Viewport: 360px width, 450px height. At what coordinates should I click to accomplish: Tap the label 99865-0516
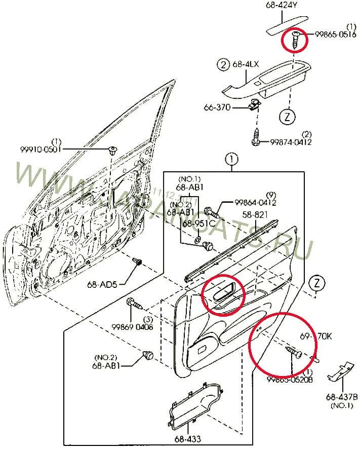tap(334, 34)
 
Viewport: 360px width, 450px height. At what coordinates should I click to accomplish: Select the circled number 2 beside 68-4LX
tap(222, 64)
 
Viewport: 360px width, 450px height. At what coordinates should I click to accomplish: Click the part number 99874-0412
tap(291, 142)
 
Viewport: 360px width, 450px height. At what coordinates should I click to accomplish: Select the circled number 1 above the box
tap(231, 160)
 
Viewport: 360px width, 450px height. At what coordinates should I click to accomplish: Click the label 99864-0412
tap(255, 203)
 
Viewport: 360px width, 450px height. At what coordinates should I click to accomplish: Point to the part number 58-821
tap(255, 214)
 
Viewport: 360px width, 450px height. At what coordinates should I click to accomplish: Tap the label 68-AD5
tap(102, 284)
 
